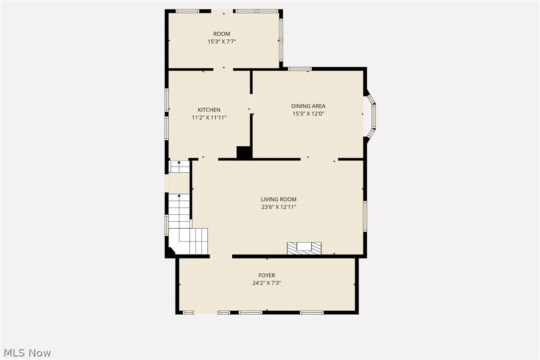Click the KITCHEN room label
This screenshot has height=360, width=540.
point(209,110)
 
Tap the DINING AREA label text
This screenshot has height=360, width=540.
point(308,106)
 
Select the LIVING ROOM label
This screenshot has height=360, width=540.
point(278,199)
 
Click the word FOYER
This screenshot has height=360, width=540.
point(267,275)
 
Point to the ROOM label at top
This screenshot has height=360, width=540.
point(222,34)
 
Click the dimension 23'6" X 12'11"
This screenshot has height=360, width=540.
point(278,207)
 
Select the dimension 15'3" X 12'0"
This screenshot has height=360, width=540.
point(308,114)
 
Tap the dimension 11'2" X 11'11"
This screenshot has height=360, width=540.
point(209,117)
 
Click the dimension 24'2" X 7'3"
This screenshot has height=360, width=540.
point(267,283)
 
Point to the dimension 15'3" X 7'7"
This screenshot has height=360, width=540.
point(222,42)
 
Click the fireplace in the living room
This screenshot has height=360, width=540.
point(304,248)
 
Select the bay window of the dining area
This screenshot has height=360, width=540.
point(371,116)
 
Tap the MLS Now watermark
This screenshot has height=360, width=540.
point(27,353)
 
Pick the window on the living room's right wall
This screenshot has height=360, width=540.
point(365,216)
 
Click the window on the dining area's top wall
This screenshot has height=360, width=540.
point(300,69)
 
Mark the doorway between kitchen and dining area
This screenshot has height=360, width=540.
point(251,104)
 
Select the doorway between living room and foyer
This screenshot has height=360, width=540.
point(221,256)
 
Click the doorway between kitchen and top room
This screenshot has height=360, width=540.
point(223,69)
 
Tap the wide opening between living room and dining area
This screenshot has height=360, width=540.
point(320,160)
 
